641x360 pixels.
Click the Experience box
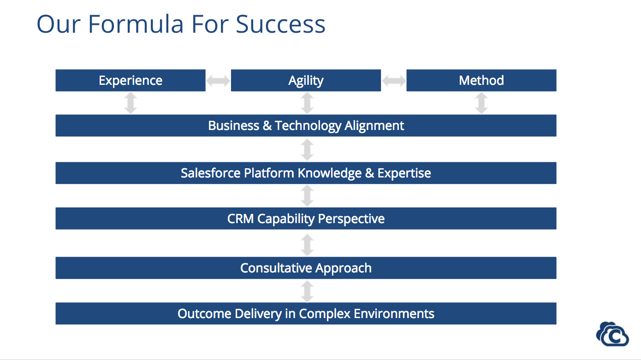131,80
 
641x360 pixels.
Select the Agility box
306,80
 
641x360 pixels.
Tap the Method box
481,80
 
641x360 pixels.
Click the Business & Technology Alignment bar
306,125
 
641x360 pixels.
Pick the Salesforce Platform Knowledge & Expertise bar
306,173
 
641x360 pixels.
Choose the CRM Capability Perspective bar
306,218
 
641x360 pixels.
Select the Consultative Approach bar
306,268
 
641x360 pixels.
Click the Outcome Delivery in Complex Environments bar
306,313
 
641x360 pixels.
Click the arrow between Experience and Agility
218,81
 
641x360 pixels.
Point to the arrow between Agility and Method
393,81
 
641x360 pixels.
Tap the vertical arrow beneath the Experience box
131,103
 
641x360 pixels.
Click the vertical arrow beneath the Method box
481,103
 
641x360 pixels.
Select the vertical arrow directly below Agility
307,103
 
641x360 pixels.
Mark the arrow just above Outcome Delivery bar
307,291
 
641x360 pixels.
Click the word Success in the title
280,24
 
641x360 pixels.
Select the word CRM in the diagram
240,218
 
